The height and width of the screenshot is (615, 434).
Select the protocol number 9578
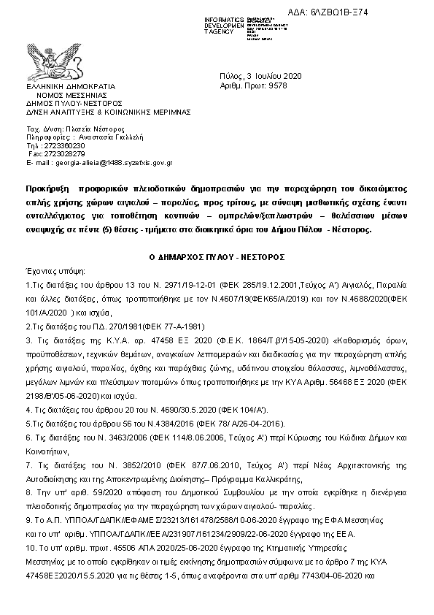point(279,85)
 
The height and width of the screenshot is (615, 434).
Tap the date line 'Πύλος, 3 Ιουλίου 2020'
point(255,76)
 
